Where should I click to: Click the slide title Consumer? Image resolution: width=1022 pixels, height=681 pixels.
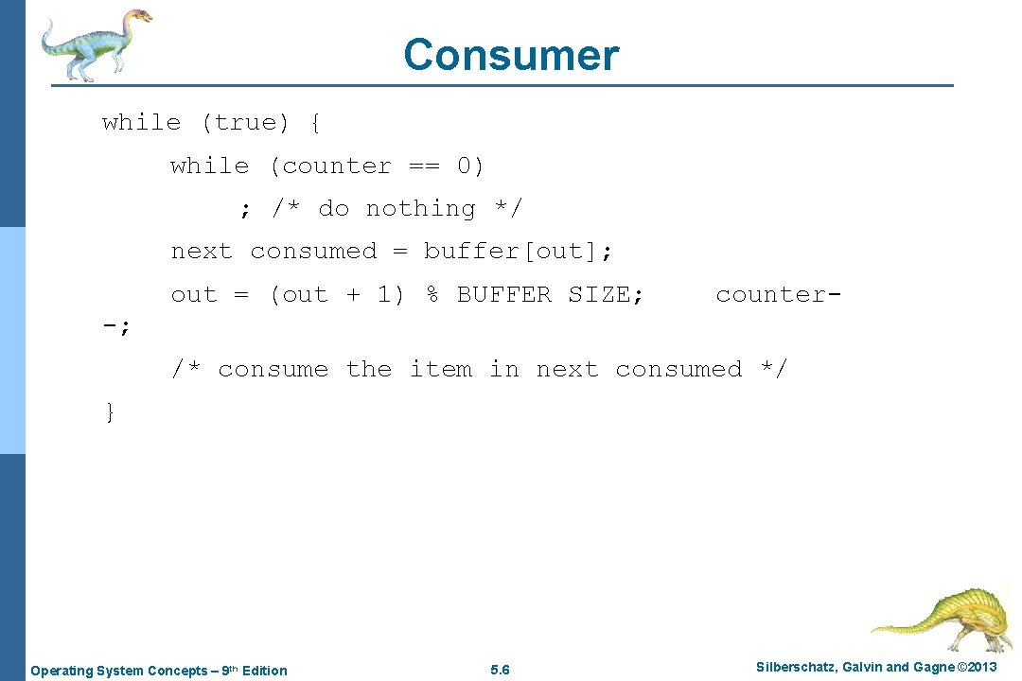[x=511, y=55]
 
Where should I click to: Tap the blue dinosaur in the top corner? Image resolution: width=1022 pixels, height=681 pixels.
[x=95, y=43]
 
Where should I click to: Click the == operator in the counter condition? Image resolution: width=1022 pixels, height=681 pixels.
[x=424, y=166]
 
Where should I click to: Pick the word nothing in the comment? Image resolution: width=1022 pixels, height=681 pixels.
[x=421, y=209]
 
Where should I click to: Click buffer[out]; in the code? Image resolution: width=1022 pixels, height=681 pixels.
[x=518, y=252]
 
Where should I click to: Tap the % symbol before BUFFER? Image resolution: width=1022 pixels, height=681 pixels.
[x=432, y=295]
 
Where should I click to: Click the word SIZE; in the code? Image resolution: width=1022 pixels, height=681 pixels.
[x=606, y=295]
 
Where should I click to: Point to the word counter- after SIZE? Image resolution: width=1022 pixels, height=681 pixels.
[x=778, y=295]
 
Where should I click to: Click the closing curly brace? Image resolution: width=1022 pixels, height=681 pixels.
[x=110, y=411]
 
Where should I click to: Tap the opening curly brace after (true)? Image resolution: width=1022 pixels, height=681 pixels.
[x=314, y=123]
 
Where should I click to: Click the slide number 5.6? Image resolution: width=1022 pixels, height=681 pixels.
[x=501, y=671]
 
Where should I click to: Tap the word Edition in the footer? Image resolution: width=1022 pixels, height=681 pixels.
[x=264, y=671]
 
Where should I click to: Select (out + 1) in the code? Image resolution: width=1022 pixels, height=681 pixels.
[x=336, y=295]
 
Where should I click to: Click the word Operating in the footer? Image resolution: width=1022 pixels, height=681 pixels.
[x=62, y=671]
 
